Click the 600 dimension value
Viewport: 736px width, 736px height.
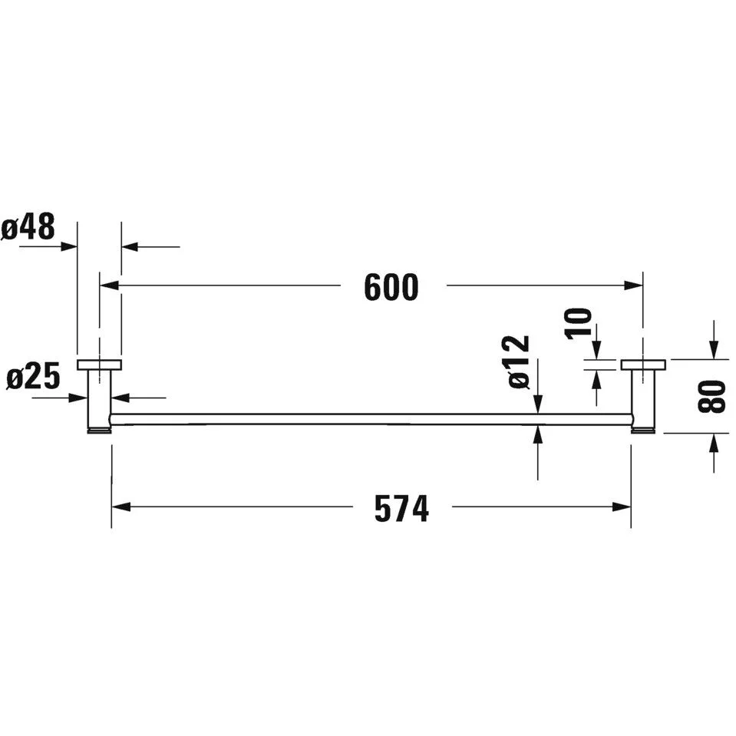(391, 287)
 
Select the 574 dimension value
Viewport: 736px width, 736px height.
(402, 509)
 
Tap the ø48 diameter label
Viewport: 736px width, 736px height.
(28, 226)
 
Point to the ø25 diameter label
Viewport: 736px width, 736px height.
(34, 377)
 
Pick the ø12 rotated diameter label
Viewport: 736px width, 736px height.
(519, 362)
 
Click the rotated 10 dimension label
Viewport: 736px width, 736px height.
(579, 323)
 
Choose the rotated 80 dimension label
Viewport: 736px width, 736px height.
(712, 397)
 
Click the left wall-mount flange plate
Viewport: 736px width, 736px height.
(99, 365)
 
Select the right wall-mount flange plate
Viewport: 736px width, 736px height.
(643, 365)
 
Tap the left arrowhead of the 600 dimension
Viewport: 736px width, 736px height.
(109, 285)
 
